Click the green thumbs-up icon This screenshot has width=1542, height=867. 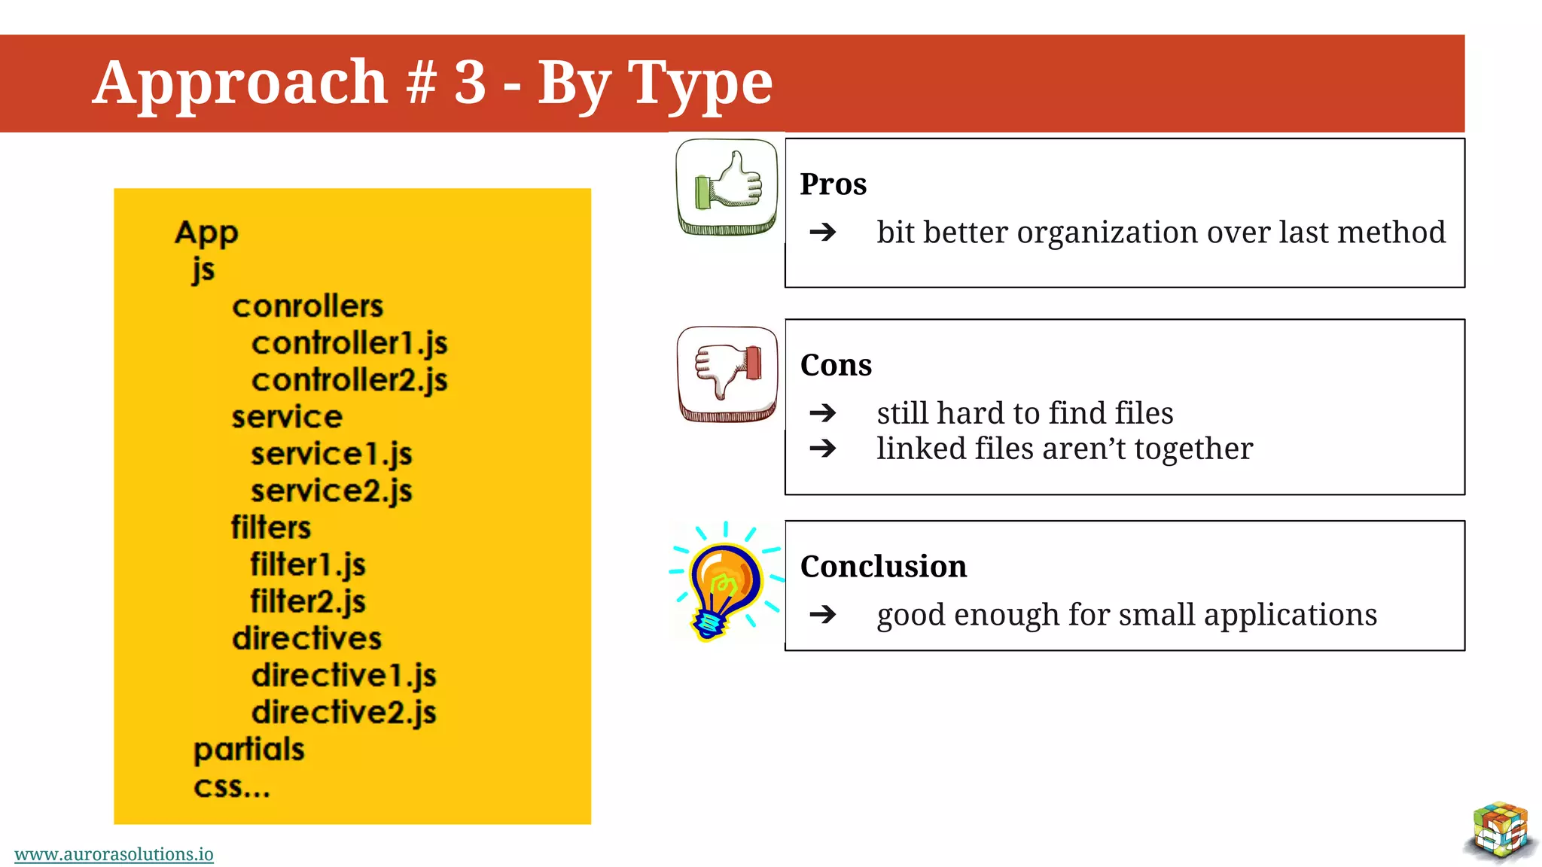tap(727, 186)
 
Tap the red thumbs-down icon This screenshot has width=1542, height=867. tap(727, 373)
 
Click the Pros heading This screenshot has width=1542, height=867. tap(833, 184)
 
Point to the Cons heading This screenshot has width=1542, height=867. tap(836, 365)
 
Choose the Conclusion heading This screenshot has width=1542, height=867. tap(883, 566)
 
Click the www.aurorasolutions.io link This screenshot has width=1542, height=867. tap(114, 854)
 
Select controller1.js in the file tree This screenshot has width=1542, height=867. tap(349, 343)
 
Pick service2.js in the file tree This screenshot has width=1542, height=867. tap(331, 491)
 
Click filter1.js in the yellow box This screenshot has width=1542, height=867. tap(308, 564)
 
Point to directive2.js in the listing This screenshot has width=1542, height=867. tap(344, 712)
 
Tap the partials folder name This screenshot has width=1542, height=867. tap(249, 750)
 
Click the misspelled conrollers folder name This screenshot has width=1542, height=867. tap(307, 306)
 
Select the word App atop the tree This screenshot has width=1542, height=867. tap(206, 233)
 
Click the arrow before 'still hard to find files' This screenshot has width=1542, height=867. tap(823, 412)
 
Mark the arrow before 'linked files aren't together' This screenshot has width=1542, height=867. tap(823, 449)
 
